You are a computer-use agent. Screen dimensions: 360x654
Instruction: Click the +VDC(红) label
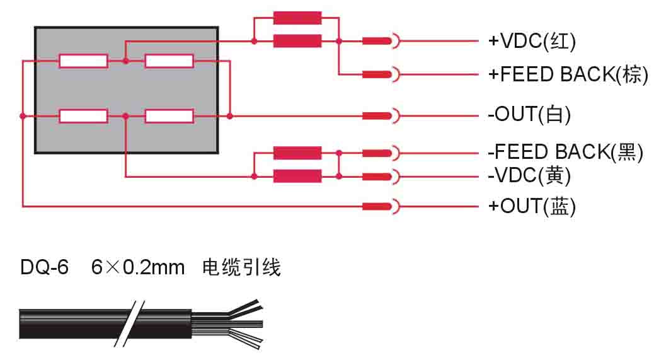(532, 42)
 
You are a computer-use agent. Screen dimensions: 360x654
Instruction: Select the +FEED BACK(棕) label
(568, 74)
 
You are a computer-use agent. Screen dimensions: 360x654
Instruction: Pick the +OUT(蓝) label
(532, 206)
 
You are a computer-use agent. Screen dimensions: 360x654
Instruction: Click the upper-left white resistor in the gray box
(83, 61)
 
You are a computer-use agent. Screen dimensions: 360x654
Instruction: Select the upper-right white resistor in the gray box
(169, 61)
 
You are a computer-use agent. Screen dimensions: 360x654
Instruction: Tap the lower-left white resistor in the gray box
(83, 116)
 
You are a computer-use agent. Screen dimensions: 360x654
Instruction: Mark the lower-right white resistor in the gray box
(169, 116)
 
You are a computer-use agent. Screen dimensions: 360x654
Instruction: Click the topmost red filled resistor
(297, 18)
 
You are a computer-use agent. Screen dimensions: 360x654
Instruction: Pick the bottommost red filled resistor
(297, 175)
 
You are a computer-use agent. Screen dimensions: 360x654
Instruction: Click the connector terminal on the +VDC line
(381, 42)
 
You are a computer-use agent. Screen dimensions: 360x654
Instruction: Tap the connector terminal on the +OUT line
(381, 206)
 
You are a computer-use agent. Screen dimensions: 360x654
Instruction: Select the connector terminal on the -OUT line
(381, 116)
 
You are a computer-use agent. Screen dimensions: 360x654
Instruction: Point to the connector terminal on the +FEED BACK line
(381, 74)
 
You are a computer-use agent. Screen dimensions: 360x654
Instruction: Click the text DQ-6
(44, 268)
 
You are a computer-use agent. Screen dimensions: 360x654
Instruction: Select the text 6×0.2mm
(138, 268)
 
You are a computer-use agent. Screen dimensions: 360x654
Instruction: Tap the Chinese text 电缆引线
(241, 268)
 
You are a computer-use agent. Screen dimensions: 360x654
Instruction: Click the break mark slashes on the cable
(129, 323)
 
